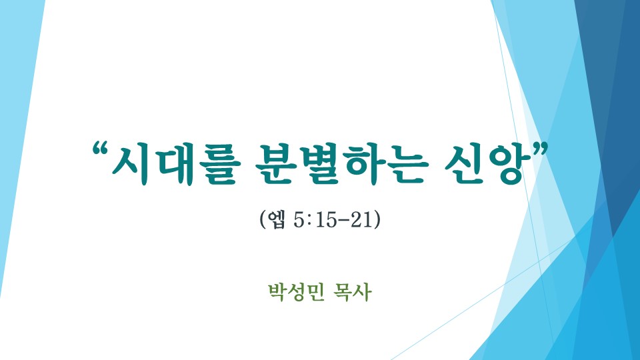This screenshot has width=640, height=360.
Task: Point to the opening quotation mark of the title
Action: (101, 149)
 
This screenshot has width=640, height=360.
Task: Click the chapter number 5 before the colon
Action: (299, 220)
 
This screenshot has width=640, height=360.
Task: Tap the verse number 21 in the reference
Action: (361, 220)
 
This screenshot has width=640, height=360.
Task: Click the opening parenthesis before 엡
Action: (263, 220)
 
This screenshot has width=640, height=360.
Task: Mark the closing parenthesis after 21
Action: (377, 220)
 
